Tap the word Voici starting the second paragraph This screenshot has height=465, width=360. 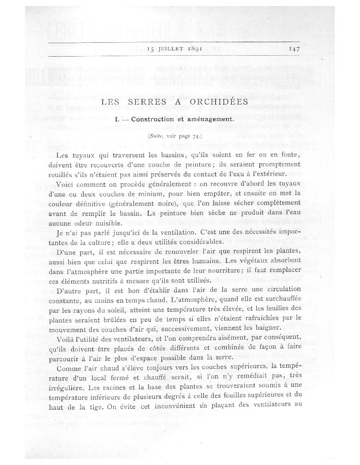pyautogui.click(x=67, y=184)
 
